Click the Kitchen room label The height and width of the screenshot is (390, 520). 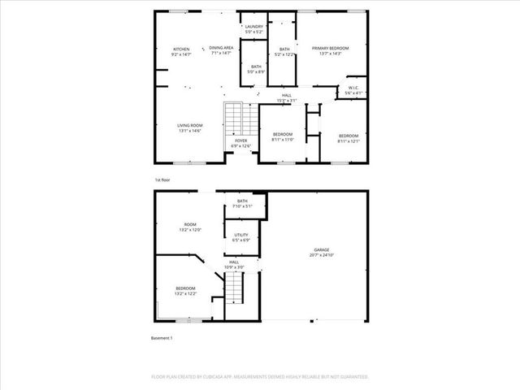point(181,52)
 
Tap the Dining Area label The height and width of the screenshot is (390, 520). point(221,50)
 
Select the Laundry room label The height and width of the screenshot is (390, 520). point(254,30)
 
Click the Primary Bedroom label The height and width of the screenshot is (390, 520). point(330,51)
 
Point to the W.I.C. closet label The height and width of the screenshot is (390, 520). point(353,90)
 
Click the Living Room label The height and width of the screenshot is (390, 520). point(189,128)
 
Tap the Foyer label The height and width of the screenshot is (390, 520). point(241,143)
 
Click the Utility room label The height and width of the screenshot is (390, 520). point(241,237)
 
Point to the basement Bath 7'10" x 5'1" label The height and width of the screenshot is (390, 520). point(242,203)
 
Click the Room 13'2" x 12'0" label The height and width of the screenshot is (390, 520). point(190,227)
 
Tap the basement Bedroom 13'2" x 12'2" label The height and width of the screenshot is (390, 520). point(186,291)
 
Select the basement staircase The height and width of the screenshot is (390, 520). point(234,286)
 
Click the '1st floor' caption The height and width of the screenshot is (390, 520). point(162,180)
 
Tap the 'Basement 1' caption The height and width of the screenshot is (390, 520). point(162,337)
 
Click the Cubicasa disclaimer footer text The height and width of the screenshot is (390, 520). point(259,377)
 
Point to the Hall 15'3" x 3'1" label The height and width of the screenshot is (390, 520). point(287,97)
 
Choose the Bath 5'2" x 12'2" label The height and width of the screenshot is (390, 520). point(284,52)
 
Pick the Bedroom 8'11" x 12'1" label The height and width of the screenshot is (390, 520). point(349,137)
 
